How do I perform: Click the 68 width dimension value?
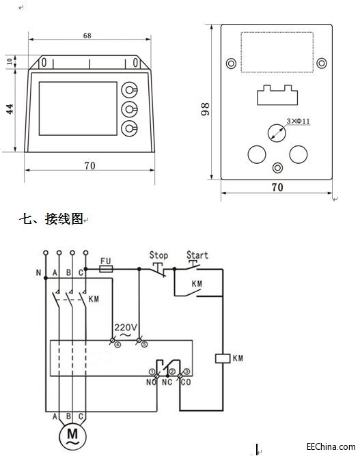tap(87, 35)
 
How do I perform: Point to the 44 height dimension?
tap(10, 109)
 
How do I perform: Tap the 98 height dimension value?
tap(205, 109)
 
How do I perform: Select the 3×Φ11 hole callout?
tap(299, 121)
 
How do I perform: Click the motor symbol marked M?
tap(72, 436)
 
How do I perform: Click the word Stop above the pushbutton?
tap(158, 255)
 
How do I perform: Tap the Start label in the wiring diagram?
tap(197, 255)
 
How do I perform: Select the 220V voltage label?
tap(126, 328)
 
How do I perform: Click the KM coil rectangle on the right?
tap(223, 358)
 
